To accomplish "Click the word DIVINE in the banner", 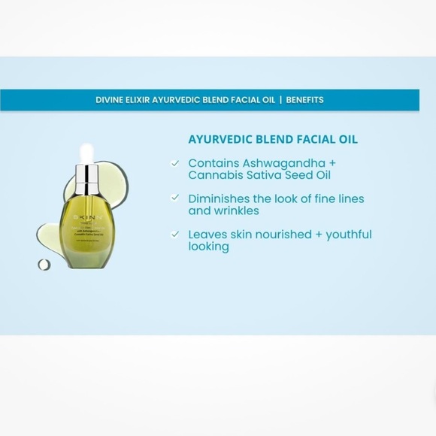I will (x=111, y=99).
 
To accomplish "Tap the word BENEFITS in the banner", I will (x=304, y=99).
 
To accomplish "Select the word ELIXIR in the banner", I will (x=145, y=99).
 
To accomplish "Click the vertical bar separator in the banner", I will (x=280, y=99).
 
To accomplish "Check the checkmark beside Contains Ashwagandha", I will (x=175, y=163).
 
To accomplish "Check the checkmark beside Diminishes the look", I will (x=175, y=198).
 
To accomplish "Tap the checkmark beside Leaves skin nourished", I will (x=175, y=234).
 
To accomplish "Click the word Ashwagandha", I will (x=286, y=163).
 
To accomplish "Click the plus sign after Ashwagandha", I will (x=332, y=163).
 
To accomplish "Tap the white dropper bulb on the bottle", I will (x=87, y=153).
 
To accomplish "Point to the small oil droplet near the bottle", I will (x=44, y=265).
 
